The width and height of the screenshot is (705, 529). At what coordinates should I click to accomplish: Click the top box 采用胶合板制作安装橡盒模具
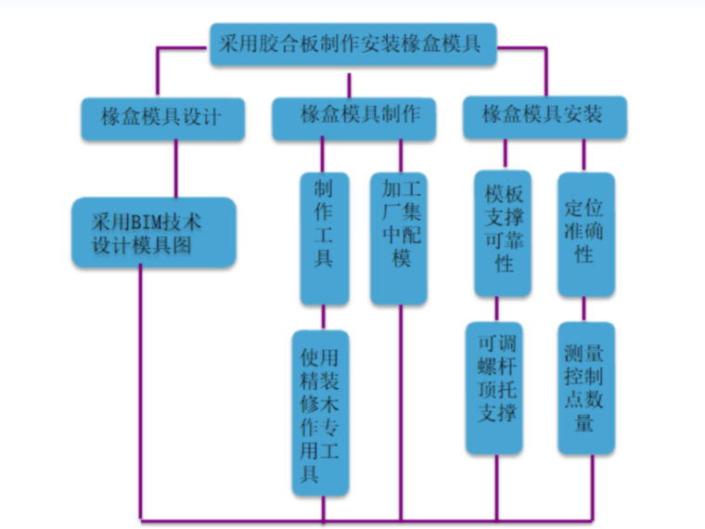coord(350,44)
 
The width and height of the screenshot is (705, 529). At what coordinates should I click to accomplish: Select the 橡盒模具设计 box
coord(162,118)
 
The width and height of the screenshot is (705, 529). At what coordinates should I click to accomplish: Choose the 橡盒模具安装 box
coord(544,116)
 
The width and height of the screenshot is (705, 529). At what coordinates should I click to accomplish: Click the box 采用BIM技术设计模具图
coord(154,232)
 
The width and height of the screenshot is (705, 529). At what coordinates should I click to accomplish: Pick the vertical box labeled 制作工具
coord(323,237)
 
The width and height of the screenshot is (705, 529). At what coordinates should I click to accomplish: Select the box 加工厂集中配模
coord(401,237)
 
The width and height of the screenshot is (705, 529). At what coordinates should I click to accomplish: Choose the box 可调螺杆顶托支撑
coord(494,385)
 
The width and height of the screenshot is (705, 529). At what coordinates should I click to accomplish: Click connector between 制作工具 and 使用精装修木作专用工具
coord(323,317)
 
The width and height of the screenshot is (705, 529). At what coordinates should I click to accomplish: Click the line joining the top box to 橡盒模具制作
coord(350,83)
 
